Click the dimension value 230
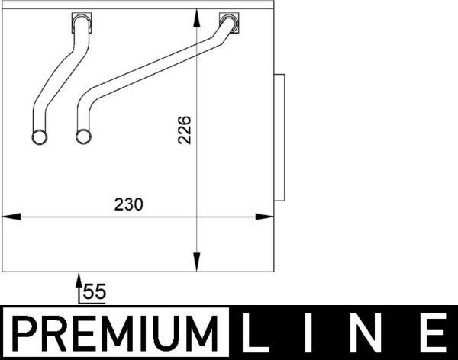[x=129, y=204]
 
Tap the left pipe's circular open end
[x=40, y=137]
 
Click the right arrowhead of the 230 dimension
[x=268, y=217]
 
